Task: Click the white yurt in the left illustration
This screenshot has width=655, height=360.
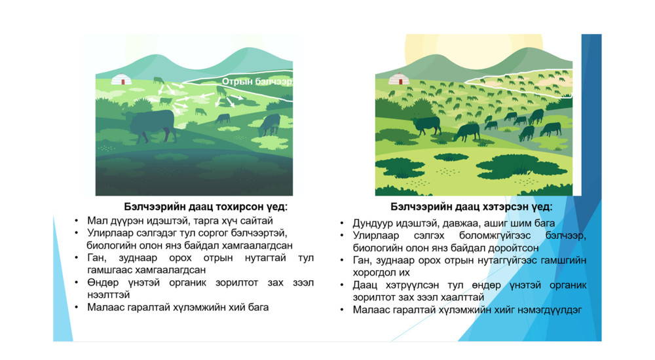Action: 121,79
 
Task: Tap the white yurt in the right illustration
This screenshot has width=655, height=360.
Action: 399,79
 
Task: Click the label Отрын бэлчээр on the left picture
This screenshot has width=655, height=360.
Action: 257,81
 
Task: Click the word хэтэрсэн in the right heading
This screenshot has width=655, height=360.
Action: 505,207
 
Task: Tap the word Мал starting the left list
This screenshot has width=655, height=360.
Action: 96,221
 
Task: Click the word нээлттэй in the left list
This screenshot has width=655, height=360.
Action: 109,295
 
